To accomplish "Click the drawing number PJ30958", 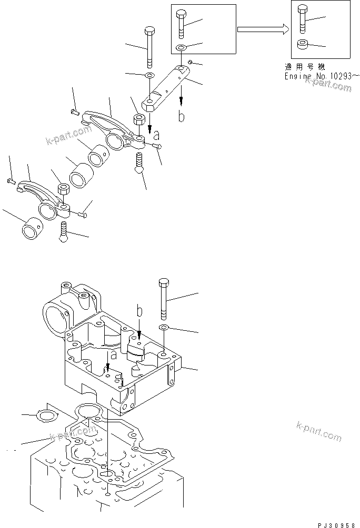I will point(336,524).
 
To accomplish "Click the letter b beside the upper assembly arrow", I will point(181,117).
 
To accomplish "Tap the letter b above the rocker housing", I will point(139,312).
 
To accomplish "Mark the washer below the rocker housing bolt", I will point(164,328).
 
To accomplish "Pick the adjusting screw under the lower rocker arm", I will point(63,231).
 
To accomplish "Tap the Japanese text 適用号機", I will point(304,67).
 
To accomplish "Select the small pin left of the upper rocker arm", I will point(75,110).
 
